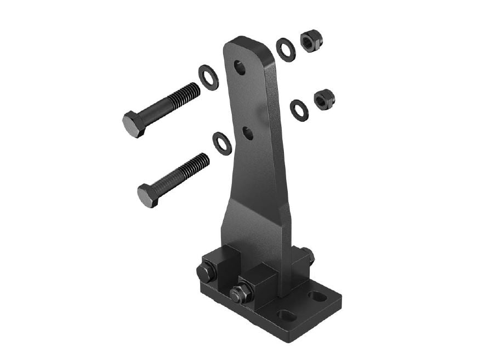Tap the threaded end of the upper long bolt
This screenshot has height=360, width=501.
(x=184, y=95)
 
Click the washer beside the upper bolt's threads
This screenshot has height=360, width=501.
(x=208, y=77)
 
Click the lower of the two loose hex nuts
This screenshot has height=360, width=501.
(x=324, y=100)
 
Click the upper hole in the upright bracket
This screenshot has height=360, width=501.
(x=240, y=68)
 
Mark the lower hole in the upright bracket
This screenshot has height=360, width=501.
(x=248, y=133)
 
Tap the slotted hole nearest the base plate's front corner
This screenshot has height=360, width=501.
(x=285, y=316)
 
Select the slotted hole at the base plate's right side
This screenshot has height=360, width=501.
(x=317, y=297)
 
